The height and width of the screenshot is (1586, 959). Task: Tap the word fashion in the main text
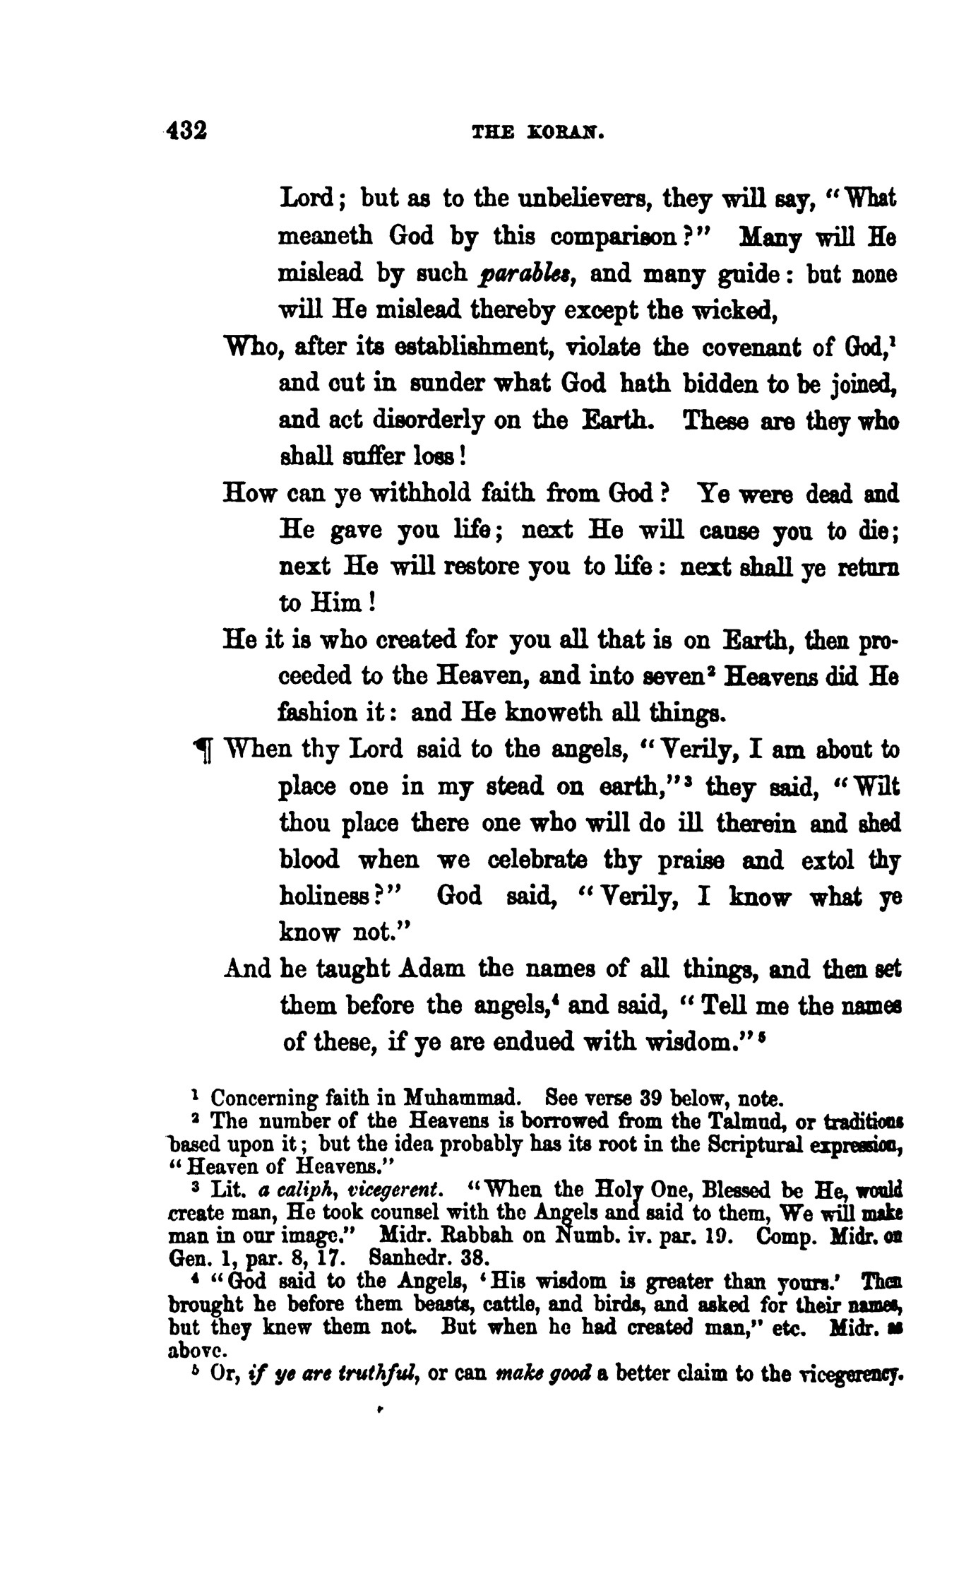click(318, 714)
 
